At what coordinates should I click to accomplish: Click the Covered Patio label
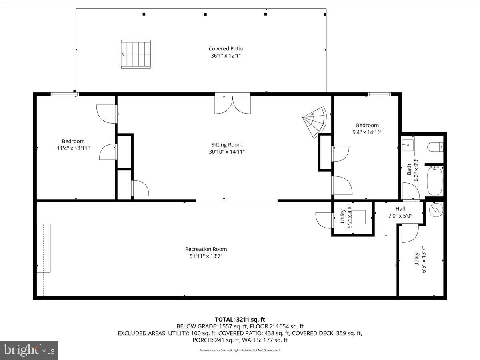[226, 49]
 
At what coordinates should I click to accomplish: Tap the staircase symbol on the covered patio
[136, 54]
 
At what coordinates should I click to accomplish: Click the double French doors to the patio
[232, 104]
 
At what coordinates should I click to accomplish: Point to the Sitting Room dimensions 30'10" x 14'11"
[227, 152]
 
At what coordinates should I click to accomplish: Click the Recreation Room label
[206, 249]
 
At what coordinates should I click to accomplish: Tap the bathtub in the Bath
[434, 181]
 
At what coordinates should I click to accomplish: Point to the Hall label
[400, 209]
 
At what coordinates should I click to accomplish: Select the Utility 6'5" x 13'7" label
[420, 260]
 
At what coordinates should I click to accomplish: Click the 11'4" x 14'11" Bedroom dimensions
[73, 148]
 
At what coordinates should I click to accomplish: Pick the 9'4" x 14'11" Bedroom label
[367, 125]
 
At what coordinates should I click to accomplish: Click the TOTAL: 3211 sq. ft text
[240, 319]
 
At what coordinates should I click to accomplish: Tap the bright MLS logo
[29, 350]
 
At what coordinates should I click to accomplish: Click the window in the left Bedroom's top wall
[64, 94]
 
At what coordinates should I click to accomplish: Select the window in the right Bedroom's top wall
[379, 94]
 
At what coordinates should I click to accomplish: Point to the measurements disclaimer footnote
[240, 350]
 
